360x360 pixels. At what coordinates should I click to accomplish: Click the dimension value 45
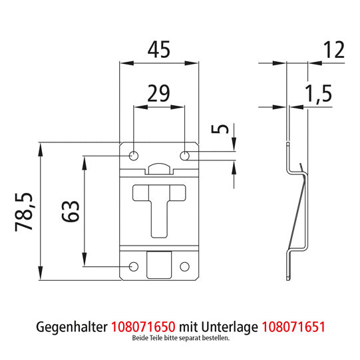pyautogui.click(x=159, y=49)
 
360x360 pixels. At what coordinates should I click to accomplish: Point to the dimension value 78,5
pyautogui.click(x=26, y=212)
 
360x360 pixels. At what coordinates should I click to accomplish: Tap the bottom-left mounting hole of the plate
pyautogui.click(x=133, y=266)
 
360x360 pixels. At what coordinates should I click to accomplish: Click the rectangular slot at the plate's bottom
pyautogui.click(x=158, y=265)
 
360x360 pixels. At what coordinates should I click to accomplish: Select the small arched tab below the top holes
pyautogui.click(x=159, y=168)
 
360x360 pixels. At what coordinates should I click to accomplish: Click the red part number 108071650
pyautogui.click(x=144, y=327)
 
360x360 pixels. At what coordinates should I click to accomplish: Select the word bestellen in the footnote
pyautogui.click(x=216, y=339)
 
